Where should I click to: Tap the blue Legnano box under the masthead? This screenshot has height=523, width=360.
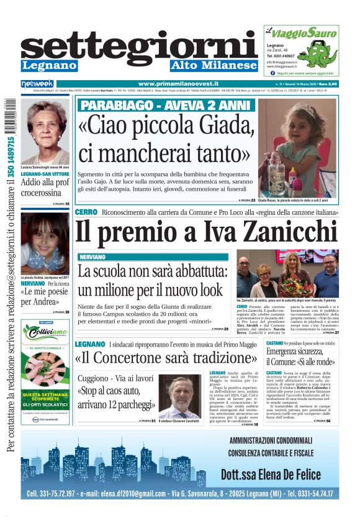(49, 66)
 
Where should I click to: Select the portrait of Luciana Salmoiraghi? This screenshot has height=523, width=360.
(45, 130)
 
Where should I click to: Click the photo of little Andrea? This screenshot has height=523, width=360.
(45, 243)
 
